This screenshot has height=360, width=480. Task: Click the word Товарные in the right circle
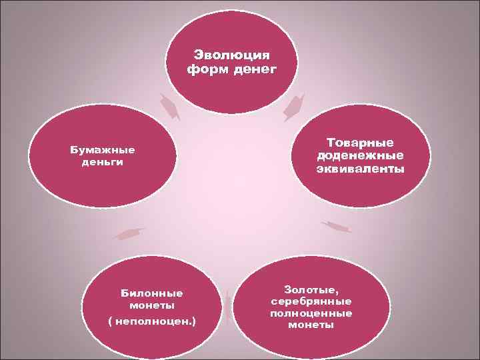(360, 143)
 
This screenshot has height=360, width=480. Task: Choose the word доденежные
(360, 155)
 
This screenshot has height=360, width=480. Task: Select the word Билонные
(151, 293)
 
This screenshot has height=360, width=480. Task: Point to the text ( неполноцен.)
(151, 322)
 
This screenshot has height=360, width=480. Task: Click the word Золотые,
(311, 289)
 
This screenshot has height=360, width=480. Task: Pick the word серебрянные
(311, 301)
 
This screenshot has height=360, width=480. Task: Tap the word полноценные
(311, 313)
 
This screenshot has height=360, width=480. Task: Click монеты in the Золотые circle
(311, 325)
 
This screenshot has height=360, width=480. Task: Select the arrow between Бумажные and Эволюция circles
(170, 107)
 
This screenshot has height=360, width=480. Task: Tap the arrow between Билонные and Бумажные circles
(129, 233)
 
